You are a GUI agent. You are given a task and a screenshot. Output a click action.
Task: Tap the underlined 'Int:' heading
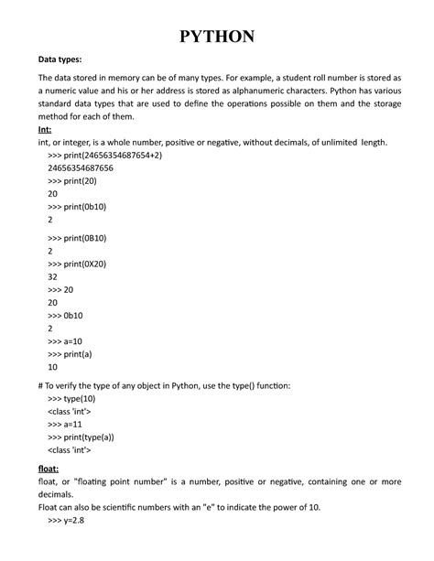pos(46,131)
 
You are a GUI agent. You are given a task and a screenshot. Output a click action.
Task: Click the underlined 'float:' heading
pos(49,468)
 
